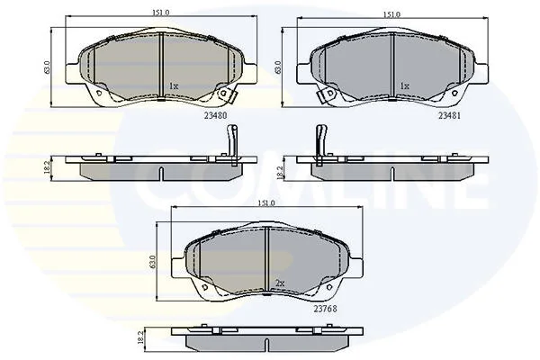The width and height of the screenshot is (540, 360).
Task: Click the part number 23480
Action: click(216, 116)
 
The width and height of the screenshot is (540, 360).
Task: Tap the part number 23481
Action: click(449, 116)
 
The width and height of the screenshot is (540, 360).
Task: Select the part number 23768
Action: click(325, 309)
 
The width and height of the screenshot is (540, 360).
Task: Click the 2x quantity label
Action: click(280, 283)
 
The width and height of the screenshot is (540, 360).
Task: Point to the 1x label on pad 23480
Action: click(174, 86)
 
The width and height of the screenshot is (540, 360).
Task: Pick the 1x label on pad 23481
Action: click(405, 86)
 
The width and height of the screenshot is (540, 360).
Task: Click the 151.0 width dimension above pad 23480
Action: click(161, 13)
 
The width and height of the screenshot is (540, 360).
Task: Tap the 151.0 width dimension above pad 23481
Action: click(391, 14)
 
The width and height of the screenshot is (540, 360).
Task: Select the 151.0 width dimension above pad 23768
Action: click(266, 203)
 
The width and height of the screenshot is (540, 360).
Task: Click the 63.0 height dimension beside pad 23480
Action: click(47, 67)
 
